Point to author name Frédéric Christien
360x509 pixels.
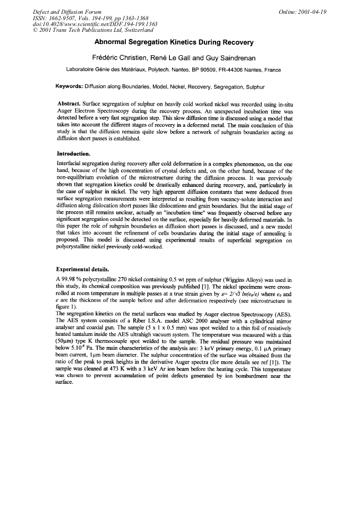pyautogui.click(x=117, y=56)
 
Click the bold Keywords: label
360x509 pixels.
pyautogui.click(x=74, y=86)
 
